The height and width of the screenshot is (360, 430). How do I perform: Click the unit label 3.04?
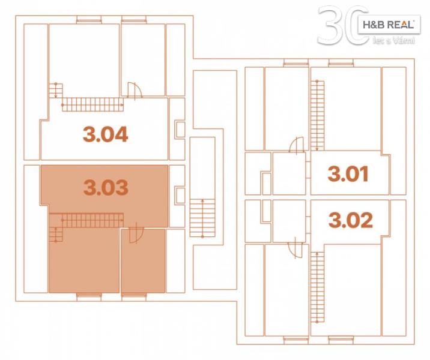coord(106,134)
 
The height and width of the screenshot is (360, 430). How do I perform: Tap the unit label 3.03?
coord(106,187)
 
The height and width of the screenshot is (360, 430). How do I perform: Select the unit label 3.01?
coord(348,174)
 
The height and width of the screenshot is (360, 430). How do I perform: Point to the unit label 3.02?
coord(351,220)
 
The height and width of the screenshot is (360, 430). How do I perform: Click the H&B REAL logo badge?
coord(389,25)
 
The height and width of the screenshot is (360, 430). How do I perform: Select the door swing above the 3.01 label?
coord(297,145)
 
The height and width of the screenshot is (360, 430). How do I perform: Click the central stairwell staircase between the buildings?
coord(202,218)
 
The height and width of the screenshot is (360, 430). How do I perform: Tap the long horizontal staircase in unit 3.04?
coord(92,104)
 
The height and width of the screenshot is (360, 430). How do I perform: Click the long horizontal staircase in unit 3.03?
coord(92,221)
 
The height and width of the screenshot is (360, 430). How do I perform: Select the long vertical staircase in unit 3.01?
coord(317,115)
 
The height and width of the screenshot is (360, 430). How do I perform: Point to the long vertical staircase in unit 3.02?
coord(317,287)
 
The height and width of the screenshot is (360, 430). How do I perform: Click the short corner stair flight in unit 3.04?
coord(56,91)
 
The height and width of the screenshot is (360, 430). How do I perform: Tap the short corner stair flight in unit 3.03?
coord(56,235)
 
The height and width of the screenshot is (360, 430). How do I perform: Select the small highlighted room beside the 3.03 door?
coord(143,261)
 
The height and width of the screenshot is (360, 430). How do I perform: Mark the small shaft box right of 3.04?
coord(180,130)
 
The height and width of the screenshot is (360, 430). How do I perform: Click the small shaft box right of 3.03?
coord(180,195)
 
